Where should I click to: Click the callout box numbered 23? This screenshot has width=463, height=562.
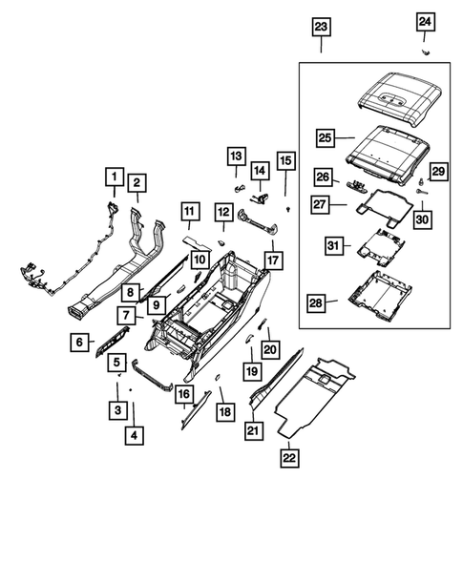point(321,26)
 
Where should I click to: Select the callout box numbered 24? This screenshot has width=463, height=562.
point(425,21)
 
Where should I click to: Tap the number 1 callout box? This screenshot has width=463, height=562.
point(114,177)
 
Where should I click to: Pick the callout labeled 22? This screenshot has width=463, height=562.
point(287,459)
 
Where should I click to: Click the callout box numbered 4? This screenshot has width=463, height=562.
point(135,437)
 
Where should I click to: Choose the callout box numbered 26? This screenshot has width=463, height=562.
point(323,177)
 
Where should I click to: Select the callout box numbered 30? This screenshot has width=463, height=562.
point(422,219)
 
